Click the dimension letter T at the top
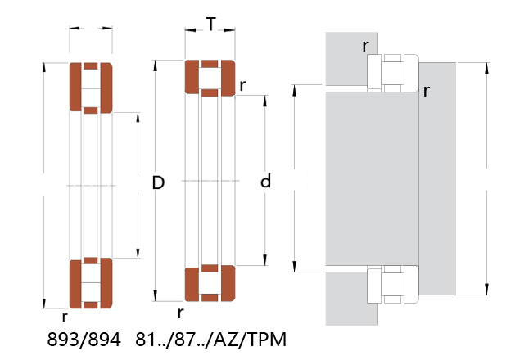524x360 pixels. [211, 24]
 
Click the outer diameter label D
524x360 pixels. [158, 182]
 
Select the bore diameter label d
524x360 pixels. [265, 181]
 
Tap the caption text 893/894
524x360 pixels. [84, 340]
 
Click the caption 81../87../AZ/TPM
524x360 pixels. [211, 340]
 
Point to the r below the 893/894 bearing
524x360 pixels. [65, 317]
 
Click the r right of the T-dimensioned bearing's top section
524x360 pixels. [242, 86]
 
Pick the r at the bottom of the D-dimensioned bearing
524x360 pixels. [180, 313]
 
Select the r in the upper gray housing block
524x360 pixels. [366, 46]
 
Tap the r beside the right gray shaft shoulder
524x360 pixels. [426, 91]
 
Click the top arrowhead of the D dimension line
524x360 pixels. [155, 65]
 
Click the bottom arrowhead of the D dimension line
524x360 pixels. [155, 296]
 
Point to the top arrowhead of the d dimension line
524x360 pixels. [265, 101]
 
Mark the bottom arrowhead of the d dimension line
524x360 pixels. [265, 260]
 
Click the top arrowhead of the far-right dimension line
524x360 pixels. [486, 68]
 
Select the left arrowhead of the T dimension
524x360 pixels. [190, 30]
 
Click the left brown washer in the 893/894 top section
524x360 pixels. [75, 88]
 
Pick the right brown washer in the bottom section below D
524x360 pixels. [228, 284]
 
